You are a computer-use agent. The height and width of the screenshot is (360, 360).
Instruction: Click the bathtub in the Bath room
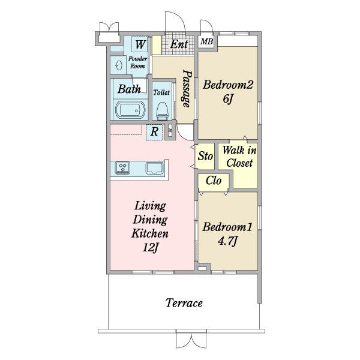pos(130,110)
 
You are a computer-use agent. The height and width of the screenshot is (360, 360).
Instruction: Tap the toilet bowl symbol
pos(162,112)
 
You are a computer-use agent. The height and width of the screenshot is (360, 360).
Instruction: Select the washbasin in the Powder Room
pos(119,65)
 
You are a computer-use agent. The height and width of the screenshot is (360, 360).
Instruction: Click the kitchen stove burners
pos(122,167)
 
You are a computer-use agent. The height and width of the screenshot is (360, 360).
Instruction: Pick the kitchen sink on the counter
pos(155,168)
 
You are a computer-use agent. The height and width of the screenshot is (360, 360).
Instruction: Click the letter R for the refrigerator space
pos(154,132)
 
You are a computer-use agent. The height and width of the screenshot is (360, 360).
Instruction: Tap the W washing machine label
pos(140,44)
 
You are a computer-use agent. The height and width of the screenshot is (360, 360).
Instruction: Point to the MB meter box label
pos(206,41)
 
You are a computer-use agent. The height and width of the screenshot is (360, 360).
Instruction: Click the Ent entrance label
pos(179,44)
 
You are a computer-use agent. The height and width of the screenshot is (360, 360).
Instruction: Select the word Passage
pos(187,89)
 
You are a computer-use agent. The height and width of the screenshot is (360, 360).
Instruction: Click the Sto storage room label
pos(205,156)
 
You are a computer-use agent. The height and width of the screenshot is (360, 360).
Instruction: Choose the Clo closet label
pos(213,181)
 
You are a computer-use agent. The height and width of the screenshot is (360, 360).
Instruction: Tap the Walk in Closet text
pos(239,157)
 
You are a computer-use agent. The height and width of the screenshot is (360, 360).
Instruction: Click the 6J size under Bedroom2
pos(228,99)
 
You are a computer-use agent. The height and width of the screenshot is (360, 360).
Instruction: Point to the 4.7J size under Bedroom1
pos(227,241)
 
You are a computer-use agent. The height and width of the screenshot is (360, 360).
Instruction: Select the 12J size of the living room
pos(151,247)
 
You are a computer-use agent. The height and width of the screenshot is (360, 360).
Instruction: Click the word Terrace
pos(184,303)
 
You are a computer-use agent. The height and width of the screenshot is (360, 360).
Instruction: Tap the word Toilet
pos(161,92)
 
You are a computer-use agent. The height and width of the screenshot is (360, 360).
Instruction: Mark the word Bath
pos(129,89)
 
